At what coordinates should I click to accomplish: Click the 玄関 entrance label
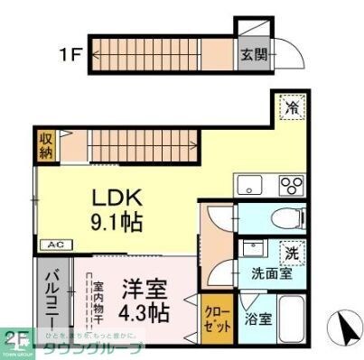(254, 54)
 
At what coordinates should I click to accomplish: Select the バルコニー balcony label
(51, 297)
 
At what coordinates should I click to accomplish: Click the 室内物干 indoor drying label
(98, 301)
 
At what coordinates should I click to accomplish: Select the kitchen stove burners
(291, 186)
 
